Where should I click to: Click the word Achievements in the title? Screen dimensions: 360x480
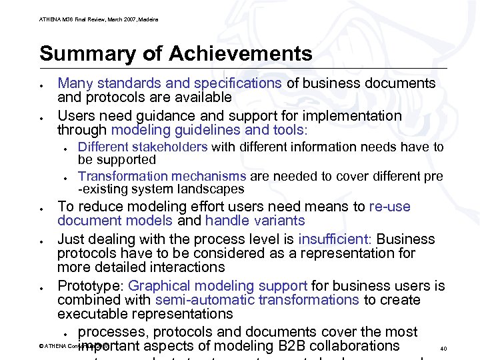click(241, 53)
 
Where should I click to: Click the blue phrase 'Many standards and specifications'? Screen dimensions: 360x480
click(169, 83)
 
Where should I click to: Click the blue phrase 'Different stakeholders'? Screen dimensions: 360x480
click(143, 147)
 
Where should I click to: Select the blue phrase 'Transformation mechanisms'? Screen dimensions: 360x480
click(162, 176)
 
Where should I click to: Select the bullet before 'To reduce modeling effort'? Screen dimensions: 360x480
click(41, 209)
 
